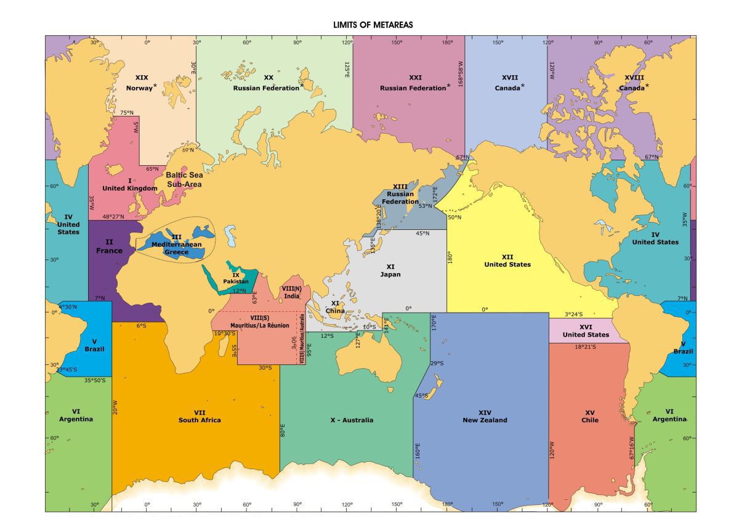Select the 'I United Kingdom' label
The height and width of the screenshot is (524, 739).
[x=130, y=184]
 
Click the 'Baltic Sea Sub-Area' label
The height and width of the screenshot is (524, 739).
[x=183, y=179]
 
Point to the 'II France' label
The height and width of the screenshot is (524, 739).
[x=109, y=246]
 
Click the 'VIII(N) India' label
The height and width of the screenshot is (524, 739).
[x=292, y=292]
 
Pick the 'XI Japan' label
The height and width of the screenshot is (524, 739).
[x=390, y=270]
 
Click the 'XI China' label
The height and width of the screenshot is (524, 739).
[x=335, y=307]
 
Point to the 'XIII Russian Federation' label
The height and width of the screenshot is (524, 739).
[x=400, y=194]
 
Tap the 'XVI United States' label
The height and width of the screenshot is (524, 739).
[x=586, y=330]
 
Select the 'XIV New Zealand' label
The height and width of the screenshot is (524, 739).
[x=485, y=416]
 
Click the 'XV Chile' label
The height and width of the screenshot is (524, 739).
[x=590, y=416]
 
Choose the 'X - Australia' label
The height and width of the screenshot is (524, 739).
[x=352, y=420]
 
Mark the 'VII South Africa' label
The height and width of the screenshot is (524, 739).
[x=200, y=416]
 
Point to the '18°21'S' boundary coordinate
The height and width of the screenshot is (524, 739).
[x=586, y=346]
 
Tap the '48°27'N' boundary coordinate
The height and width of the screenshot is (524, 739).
[x=113, y=216]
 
